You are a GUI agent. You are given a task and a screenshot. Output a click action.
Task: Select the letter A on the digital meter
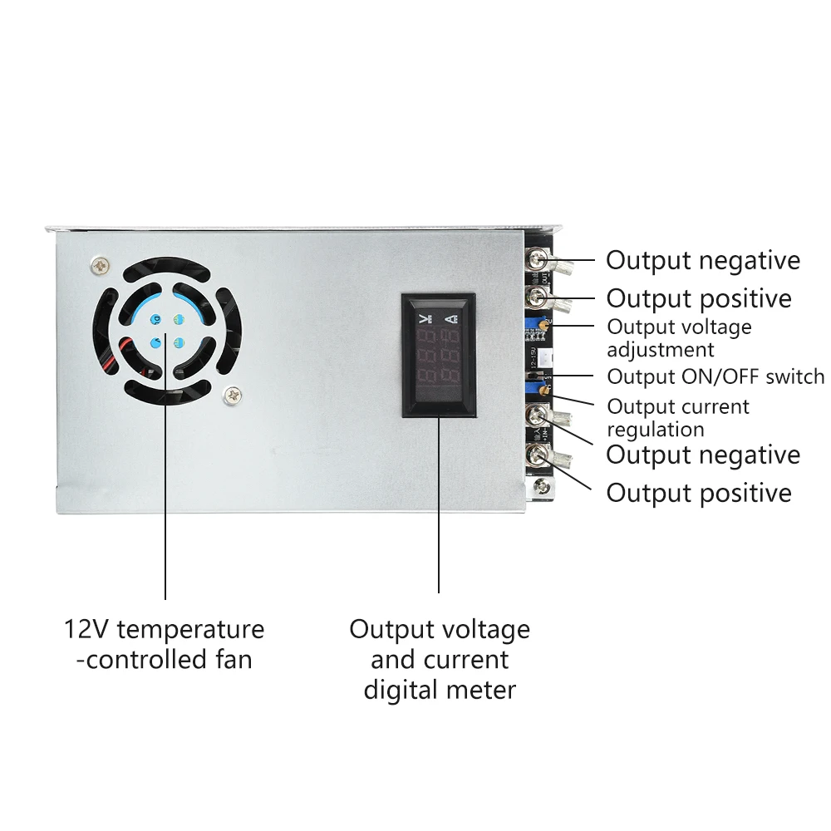pyautogui.click(x=451, y=318)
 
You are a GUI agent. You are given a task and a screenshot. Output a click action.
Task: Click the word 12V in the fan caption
pyautogui.click(x=87, y=629)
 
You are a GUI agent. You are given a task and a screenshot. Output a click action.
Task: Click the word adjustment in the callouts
pyautogui.click(x=660, y=350)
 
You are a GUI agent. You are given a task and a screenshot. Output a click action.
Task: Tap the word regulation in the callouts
pyautogui.click(x=655, y=429)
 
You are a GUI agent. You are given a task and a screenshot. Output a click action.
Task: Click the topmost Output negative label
pyautogui.click(x=702, y=260)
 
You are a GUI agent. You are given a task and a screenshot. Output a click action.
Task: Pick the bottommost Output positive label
pyautogui.click(x=699, y=493)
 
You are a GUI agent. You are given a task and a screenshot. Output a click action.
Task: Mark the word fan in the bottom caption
pyautogui.click(x=231, y=660)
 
